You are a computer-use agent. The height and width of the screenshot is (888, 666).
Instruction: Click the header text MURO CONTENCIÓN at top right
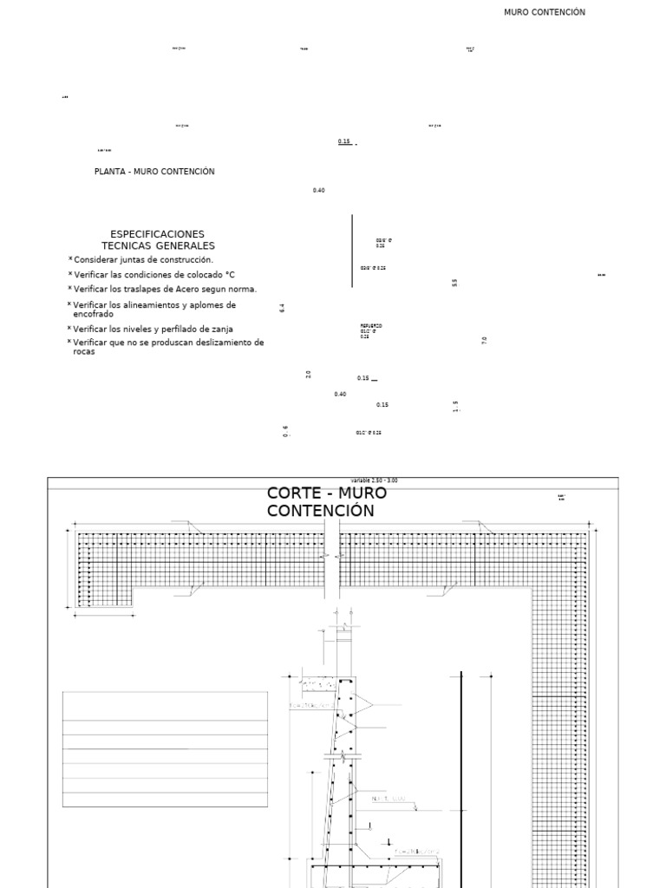coord(544,12)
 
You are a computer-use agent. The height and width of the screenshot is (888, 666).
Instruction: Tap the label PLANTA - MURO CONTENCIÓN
coord(154,172)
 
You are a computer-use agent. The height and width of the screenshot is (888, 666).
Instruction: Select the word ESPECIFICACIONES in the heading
coord(158,234)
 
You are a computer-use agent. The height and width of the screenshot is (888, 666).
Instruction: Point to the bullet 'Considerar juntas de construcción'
coord(143,259)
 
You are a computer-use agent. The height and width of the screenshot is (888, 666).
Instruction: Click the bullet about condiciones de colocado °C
coord(153,275)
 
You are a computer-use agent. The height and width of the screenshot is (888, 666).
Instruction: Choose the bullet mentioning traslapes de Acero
coord(165,289)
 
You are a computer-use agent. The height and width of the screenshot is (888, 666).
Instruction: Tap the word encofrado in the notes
coord(93,314)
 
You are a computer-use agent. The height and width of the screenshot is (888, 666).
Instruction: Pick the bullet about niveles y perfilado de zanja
coord(153,330)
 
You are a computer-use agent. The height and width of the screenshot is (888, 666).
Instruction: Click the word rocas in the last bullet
coord(83,351)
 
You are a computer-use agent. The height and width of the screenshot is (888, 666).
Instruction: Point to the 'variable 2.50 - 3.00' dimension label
coord(375,480)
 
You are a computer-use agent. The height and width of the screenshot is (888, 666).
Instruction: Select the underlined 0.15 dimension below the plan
coord(344,141)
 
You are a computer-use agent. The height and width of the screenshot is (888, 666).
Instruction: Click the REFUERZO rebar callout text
coord(371,326)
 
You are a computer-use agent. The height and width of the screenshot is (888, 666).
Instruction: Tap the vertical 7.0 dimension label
coord(484,341)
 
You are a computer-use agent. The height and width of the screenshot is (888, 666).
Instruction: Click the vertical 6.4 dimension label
coord(283,308)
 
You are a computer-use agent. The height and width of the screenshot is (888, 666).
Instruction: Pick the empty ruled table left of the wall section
coord(165,749)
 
